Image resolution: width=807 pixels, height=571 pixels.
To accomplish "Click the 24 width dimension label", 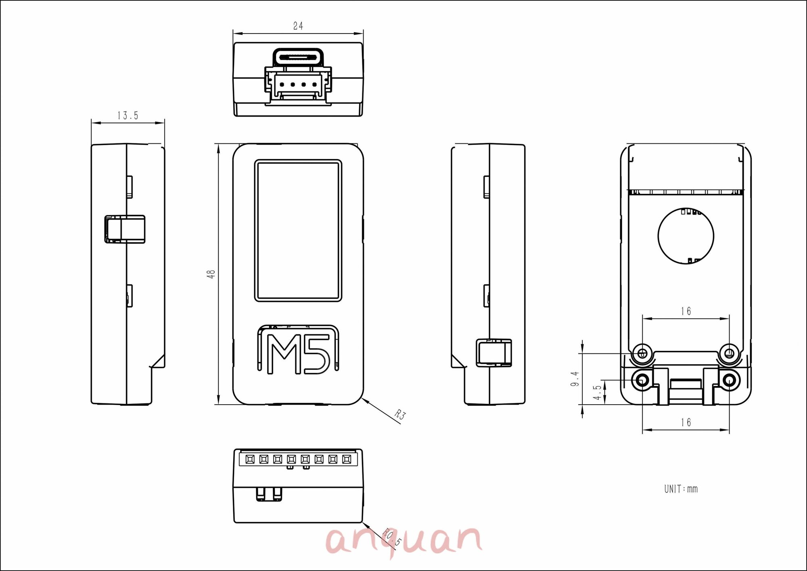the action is pos(298,26).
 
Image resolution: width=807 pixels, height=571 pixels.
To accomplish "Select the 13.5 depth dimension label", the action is pos(128,115).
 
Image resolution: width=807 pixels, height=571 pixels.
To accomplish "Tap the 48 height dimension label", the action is pos(211,274).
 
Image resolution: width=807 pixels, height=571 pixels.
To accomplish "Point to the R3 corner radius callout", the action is pos(400,415).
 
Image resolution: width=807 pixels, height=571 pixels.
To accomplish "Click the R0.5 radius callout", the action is pos(391,537).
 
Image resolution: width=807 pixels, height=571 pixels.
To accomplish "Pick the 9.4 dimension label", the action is pos(575,379).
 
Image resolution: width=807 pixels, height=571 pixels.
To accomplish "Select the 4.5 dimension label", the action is pos(597,393).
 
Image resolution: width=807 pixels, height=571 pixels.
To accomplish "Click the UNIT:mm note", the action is pos(681,489).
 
